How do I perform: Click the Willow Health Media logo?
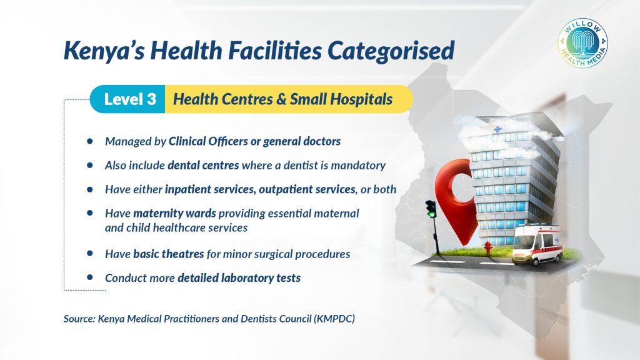coord(582,43)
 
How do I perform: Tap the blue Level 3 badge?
coord(127,99)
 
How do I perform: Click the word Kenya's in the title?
coord(104,51)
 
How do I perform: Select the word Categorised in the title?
coord(391,51)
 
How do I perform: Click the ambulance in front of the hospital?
coord(538,244)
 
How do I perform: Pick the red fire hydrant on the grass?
coord(487,247)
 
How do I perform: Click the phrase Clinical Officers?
coord(208,141)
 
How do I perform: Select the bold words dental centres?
coord(203,165)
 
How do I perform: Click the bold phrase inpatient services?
coord(210,189)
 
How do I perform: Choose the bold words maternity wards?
coord(175,214)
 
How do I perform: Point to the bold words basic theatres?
coord(169,254)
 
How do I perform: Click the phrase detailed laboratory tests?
coord(239,278)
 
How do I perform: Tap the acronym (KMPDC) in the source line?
coord(334,319)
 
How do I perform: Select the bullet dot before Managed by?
coord(90,141)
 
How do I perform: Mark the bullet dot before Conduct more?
coord(90,277)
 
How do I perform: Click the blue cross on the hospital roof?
coord(497,129)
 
